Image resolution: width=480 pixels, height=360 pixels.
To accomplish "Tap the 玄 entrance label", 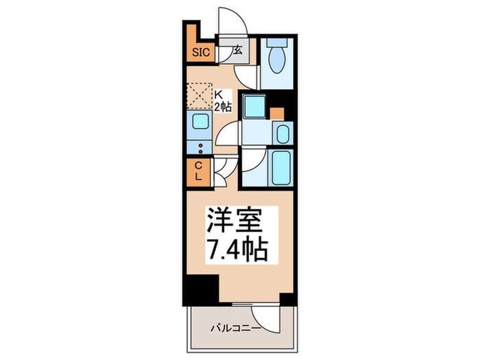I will [x=237, y=50].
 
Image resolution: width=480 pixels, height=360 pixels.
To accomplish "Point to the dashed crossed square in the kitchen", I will [x=200, y=95].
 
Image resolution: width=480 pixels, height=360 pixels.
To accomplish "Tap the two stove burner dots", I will [x=200, y=149].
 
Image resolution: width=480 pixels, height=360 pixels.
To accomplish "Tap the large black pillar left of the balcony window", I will [x=198, y=287].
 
